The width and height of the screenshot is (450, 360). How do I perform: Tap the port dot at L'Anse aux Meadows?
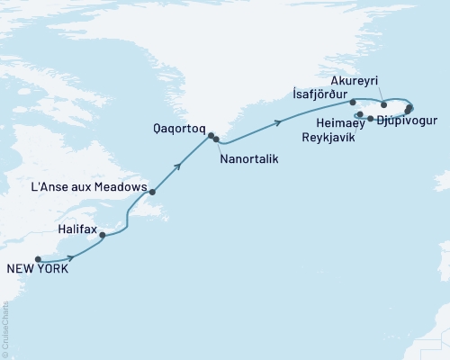[x=153, y=192]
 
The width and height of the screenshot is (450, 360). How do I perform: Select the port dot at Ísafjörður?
[x=353, y=103]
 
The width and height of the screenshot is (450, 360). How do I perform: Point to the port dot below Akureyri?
[x=384, y=105]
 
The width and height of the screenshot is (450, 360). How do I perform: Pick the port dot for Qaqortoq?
[x=211, y=136]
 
